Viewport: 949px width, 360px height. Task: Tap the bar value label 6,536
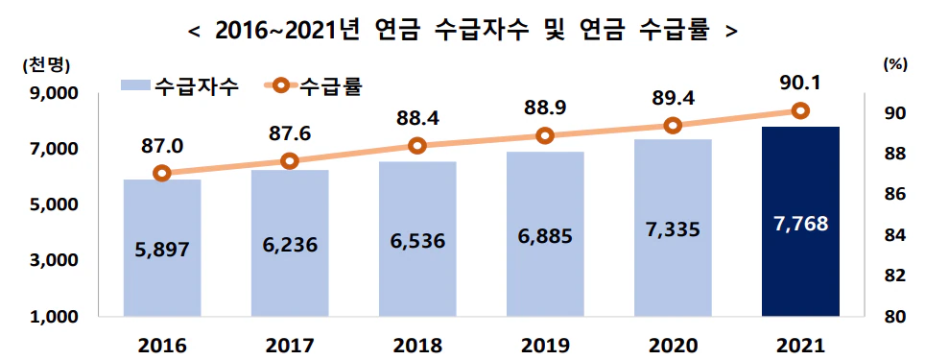[x=417, y=240]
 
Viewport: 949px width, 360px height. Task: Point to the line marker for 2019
[x=545, y=135]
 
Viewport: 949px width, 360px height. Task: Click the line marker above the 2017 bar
[x=290, y=161]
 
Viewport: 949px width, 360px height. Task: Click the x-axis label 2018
[x=417, y=344]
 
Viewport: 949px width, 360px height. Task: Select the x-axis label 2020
[x=673, y=344]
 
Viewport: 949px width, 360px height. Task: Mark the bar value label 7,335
[x=673, y=228]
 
